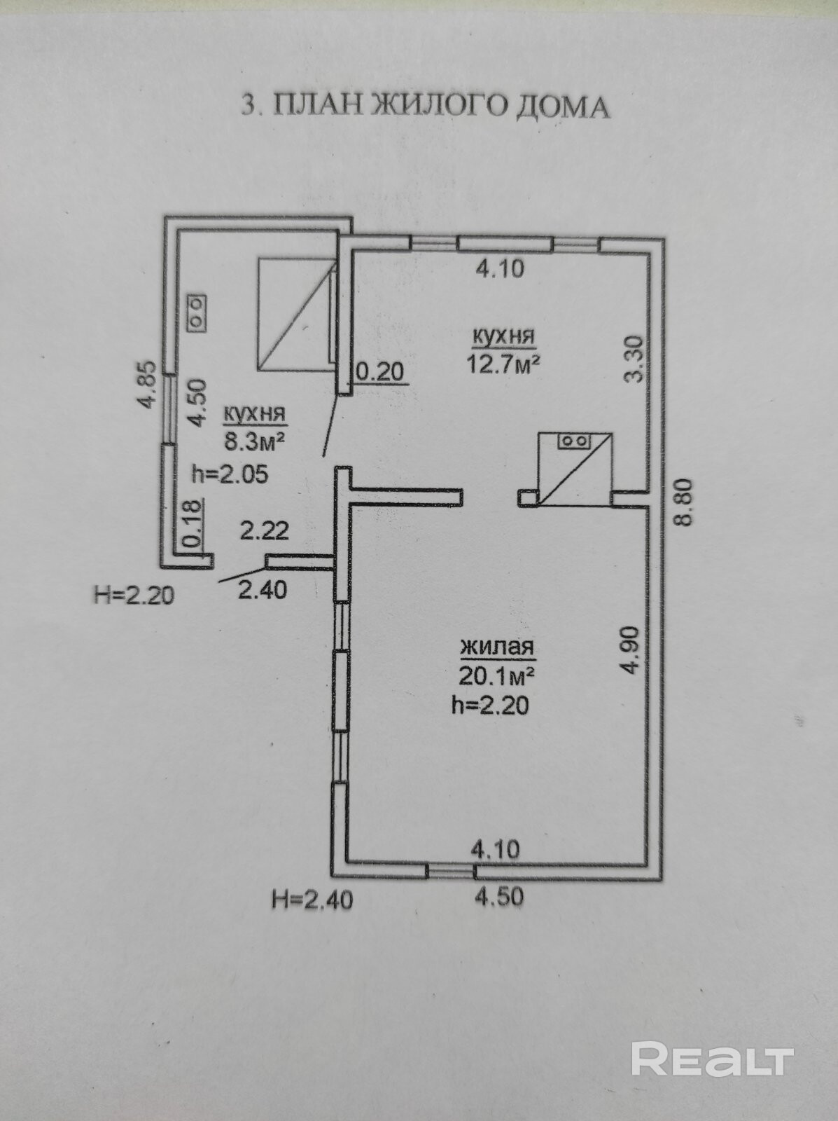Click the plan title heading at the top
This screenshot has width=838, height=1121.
point(425,106)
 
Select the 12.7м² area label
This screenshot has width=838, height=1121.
point(504,364)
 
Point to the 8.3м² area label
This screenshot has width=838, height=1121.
point(255,440)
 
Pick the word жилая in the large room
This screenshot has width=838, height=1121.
point(497,647)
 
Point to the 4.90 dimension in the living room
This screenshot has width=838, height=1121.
point(631,650)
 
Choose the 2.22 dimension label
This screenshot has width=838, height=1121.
point(265,530)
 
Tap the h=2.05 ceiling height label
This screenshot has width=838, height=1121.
point(230,474)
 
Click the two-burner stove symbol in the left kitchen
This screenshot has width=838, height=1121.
point(197,313)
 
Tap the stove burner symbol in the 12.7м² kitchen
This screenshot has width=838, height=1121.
point(575,440)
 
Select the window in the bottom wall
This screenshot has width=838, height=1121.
point(450,869)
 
